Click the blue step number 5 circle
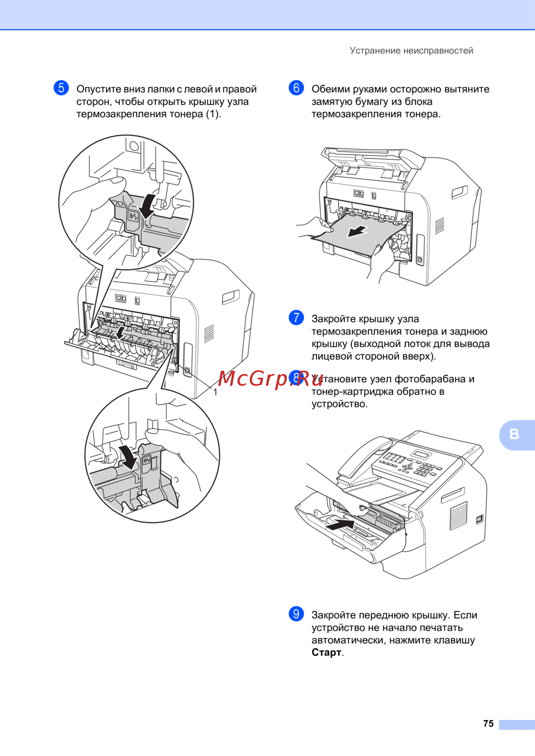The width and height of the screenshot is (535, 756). (61, 88)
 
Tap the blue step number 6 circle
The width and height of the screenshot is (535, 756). (296, 88)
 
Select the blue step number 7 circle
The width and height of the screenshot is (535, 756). (296, 318)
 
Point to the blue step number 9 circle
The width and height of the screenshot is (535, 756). (296, 614)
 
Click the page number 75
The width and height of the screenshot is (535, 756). (488, 723)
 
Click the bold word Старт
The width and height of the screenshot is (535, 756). (326, 653)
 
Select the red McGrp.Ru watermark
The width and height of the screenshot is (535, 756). (270, 379)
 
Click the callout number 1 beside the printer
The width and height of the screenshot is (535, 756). (215, 392)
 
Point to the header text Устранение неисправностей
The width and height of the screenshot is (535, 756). (411, 51)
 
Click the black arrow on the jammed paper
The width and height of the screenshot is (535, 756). (357, 232)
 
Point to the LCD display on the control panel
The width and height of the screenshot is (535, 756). (421, 453)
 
